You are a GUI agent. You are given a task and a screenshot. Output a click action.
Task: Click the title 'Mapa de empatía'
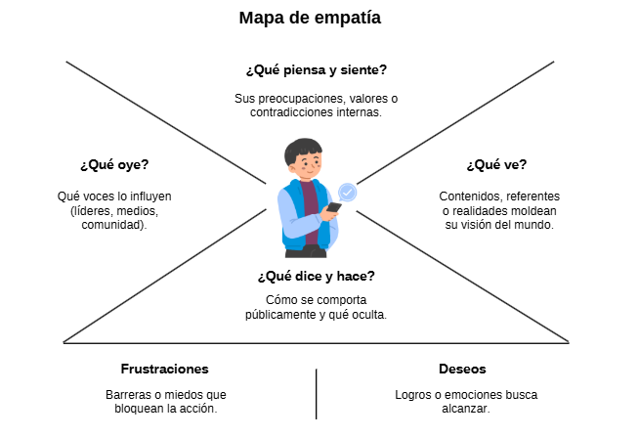310,19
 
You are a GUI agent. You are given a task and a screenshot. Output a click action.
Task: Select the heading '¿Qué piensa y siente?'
317,70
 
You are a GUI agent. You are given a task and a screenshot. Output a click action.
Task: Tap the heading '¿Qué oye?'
114,164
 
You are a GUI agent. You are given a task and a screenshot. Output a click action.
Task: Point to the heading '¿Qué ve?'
496,164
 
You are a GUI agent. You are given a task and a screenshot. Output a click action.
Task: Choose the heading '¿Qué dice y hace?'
316,277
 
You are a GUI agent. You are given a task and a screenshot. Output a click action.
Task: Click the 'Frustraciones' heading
165,369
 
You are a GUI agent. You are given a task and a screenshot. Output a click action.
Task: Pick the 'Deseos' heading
462,369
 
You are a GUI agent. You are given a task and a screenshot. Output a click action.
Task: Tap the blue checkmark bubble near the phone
347,193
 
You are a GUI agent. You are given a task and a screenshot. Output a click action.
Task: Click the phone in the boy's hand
334,207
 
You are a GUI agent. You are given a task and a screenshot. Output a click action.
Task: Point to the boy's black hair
303,150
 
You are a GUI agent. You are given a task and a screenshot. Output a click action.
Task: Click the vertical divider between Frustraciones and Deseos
317,394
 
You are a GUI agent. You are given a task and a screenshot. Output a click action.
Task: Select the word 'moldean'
533,211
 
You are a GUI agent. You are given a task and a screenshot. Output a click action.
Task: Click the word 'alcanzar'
464,409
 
